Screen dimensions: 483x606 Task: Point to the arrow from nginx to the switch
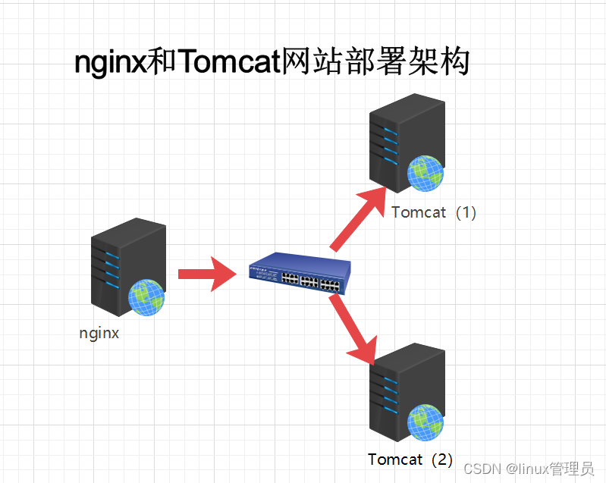point(209,273)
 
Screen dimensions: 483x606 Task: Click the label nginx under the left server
point(99,333)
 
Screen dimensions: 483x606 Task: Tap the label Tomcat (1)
point(434,212)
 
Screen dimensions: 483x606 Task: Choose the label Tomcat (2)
point(410,459)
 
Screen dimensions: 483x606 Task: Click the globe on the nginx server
point(146,296)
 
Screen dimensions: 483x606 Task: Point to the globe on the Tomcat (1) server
point(425,172)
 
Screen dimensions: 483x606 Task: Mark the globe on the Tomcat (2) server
point(425,422)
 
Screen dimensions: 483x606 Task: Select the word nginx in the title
point(109,62)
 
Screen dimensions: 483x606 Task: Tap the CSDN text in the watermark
point(479,469)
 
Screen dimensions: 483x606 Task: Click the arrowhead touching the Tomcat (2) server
point(365,349)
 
